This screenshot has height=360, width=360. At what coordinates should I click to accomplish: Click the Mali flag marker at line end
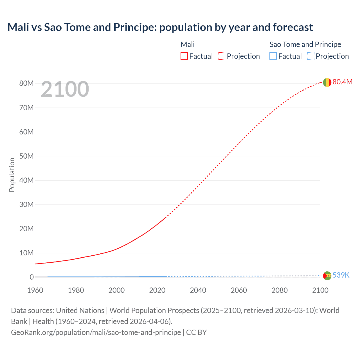click(x=327, y=82)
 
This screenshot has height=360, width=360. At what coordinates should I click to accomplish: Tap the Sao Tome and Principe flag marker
click(x=327, y=276)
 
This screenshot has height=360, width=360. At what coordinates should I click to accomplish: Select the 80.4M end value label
click(x=342, y=82)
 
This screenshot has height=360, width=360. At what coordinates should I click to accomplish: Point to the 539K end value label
click(x=341, y=275)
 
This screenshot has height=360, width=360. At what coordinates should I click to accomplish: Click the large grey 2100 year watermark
click(x=65, y=89)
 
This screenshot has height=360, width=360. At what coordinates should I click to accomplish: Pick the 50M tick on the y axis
click(x=26, y=156)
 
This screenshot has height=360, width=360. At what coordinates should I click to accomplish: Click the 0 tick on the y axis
click(x=31, y=277)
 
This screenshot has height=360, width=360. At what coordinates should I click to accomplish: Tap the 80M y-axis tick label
click(x=26, y=83)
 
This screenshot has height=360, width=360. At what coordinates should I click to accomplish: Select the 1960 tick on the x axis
click(x=35, y=290)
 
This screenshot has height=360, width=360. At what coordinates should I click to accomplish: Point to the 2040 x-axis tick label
click(x=198, y=290)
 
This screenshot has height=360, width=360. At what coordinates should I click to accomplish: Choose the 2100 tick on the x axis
click(x=320, y=290)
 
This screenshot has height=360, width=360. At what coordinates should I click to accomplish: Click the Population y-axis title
click(x=12, y=175)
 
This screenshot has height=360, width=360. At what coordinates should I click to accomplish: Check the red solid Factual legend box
click(x=184, y=56)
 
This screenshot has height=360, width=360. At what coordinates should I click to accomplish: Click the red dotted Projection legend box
click(x=222, y=56)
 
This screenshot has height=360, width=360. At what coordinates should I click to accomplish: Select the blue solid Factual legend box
click(x=273, y=56)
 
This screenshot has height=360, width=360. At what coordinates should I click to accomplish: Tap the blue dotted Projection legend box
click(x=310, y=56)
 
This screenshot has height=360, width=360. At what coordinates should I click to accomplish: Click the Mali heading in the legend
click(x=188, y=44)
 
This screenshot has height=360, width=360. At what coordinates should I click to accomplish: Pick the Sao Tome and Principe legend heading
click(x=305, y=44)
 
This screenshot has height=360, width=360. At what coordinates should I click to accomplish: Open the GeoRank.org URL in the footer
click(x=96, y=332)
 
